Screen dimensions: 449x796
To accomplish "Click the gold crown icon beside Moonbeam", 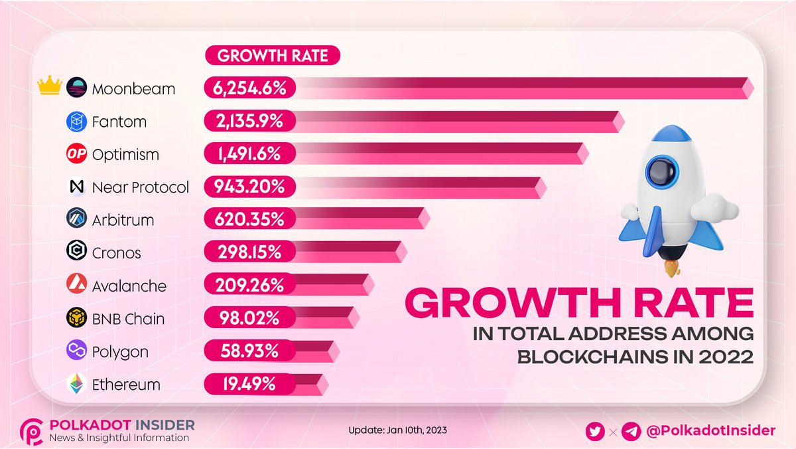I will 50,86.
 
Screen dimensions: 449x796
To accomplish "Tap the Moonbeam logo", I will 77,88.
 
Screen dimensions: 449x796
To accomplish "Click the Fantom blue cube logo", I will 77,122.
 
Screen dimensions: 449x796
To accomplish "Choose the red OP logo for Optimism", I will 77,154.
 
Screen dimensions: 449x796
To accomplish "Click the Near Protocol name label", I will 140,187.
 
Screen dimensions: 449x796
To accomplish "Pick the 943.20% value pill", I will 249,187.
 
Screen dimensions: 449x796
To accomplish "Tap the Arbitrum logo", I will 77,220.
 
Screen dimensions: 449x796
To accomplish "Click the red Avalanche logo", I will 77,286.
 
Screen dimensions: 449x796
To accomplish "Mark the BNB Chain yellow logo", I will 77,319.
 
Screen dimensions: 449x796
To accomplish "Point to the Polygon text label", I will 120,351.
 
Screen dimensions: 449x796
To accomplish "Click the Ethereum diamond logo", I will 77,385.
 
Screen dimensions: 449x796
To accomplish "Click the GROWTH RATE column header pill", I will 273,56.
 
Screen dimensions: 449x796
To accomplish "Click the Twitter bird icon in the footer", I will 595,431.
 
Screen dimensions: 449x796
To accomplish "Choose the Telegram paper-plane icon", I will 631,431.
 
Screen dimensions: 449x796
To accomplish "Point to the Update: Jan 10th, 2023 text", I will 397,430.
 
